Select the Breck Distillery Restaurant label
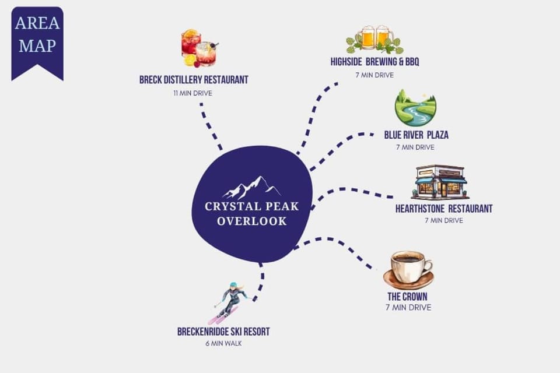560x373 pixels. click(x=194, y=80)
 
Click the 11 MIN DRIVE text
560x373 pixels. click(x=193, y=93)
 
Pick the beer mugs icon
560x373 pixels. click(x=374, y=39)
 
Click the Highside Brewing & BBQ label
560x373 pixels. click(x=374, y=62)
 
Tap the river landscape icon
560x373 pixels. click(x=415, y=108)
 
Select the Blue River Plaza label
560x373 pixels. click(x=416, y=135)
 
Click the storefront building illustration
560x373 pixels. click(x=440, y=182)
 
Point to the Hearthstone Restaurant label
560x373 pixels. click(x=444, y=209)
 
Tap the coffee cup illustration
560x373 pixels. click(x=408, y=270)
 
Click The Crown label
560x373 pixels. click(x=408, y=296)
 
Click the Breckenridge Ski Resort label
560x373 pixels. click(x=223, y=332)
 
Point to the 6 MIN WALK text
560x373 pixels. click(x=223, y=343)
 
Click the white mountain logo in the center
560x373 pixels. click(x=251, y=188)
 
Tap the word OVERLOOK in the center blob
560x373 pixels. click(x=252, y=221)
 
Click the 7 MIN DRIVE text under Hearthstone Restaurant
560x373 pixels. click(x=444, y=220)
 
